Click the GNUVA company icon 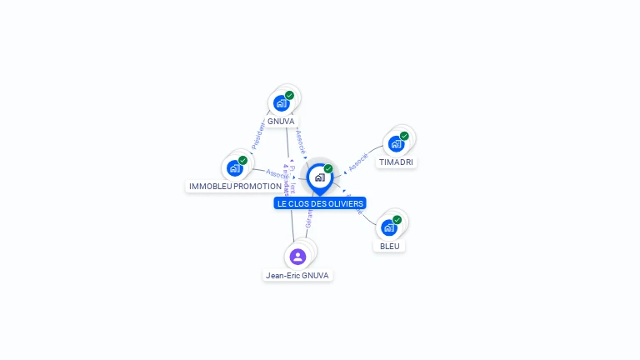click(282, 103)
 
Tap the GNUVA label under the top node click(282, 121)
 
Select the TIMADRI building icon click(397, 143)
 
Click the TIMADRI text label click(396, 162)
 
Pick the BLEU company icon click(388, 227)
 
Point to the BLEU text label click(389, 246)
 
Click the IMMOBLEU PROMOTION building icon click(235, 167)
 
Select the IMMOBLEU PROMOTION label click(235, 186)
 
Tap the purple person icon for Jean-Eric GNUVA click(298, 256)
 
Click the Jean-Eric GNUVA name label click(298, 275)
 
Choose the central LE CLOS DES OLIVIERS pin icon click(319, 177)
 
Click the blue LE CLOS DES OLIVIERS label click(320, 203)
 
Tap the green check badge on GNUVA click(289, 95)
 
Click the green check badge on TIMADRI click(404, 136)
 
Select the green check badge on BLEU click(397, 220)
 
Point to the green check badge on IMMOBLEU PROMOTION click(242, 160)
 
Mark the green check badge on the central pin click(328, 168)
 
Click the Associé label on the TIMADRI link click(358, 162)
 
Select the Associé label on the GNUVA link click(302, 141)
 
